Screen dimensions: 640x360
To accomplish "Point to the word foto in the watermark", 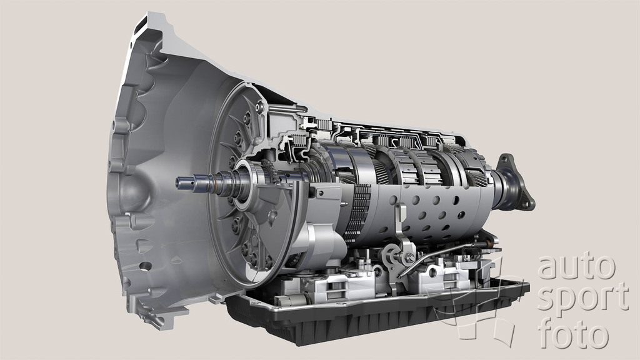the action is pyautogui.click(x=573, y=334).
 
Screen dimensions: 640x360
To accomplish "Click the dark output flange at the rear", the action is pyautogui.click(x=514, y=181).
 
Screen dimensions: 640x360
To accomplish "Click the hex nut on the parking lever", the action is pyautogui.click(x=409, y=257).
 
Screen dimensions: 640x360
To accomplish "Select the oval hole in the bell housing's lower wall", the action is pyautogui.click(x=145, y=266).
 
